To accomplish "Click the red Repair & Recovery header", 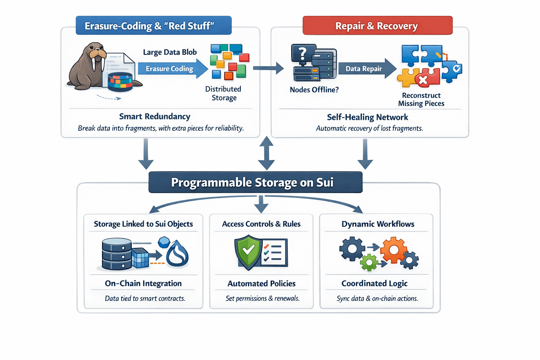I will (x=377, y=26).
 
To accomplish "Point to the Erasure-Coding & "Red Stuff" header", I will (x=153, y=26).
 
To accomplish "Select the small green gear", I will (x=369, y=262).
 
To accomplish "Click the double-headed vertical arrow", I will (x=266, y=153).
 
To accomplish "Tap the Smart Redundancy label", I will (x=155, y=116).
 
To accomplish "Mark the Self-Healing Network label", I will (x=367, y=117).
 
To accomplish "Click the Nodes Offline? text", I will (x=314, y=90).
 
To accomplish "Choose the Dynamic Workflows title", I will (x=378, y=224).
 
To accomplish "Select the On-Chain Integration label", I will (x=143, y=283).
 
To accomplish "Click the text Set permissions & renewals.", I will (x=262, y=298).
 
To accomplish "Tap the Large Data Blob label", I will (x=170, y=52).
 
